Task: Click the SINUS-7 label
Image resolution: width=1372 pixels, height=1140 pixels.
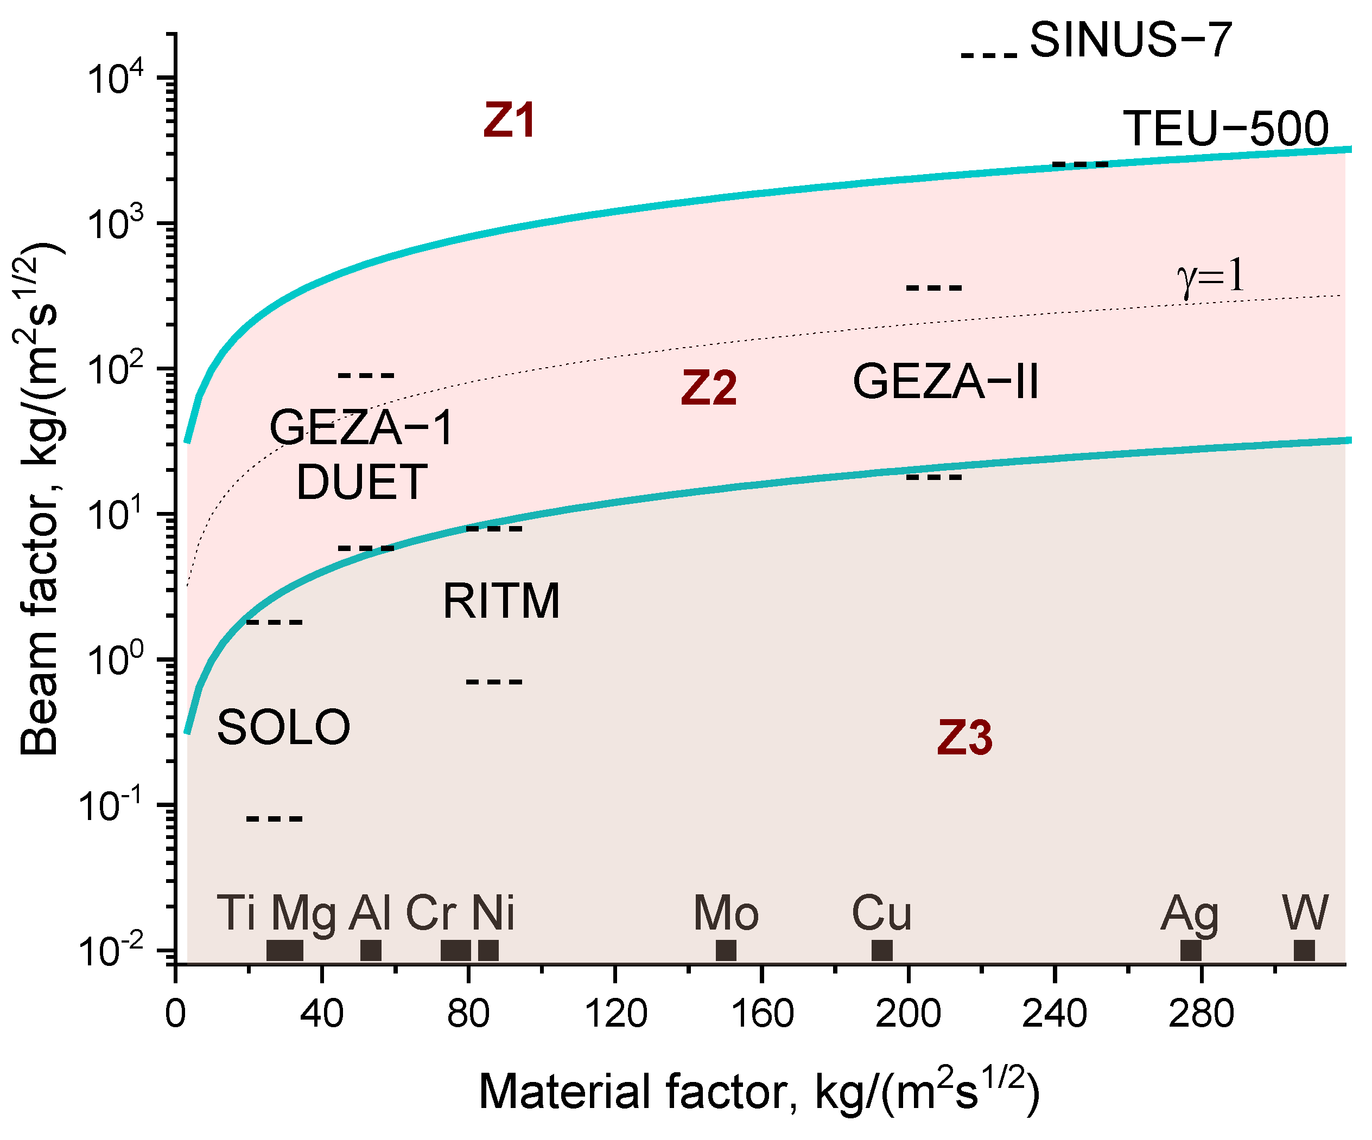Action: (1130, 41)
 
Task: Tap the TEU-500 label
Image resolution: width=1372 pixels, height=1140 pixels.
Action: (1225, 129)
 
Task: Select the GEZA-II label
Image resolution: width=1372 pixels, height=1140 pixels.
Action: (945, 382)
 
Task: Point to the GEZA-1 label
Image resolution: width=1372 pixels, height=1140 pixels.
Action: (361, 428)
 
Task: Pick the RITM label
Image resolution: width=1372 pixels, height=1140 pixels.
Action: (501, 601)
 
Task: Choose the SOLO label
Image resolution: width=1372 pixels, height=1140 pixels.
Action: (283, 727)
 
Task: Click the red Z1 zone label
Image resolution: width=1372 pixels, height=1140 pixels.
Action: (510, 121)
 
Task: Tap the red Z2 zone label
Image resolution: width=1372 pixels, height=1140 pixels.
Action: (709, 388)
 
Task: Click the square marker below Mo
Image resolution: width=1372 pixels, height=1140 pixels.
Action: (726, 950)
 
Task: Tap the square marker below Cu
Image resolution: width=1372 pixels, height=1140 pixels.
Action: (882, 950)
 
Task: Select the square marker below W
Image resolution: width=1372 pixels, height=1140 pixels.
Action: (1304, 950)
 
